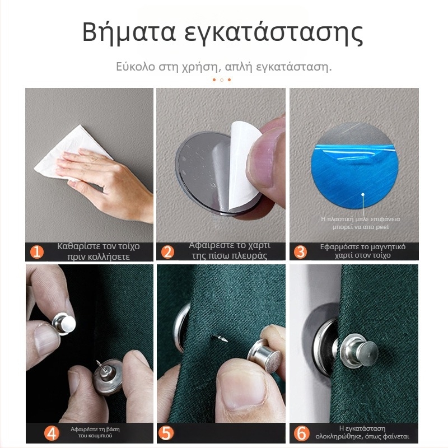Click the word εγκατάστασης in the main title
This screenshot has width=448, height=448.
click(x=274, y=33)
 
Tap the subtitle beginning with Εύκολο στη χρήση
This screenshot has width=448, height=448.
click(x=223, y=67)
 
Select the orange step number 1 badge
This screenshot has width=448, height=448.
click(x=37, y=251)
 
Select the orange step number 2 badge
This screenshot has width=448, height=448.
click(x=167, y=251)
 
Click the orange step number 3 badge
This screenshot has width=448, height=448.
click(x=300, y=251)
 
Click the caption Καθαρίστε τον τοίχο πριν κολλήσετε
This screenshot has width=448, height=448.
click(x=99, y=251)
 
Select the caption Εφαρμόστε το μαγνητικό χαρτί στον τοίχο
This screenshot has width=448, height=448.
click(x=363, y=251)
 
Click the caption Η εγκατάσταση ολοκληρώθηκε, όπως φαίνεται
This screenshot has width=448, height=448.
click(x=370, y=433)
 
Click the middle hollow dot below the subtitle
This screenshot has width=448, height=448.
click(x=222, y=80)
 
